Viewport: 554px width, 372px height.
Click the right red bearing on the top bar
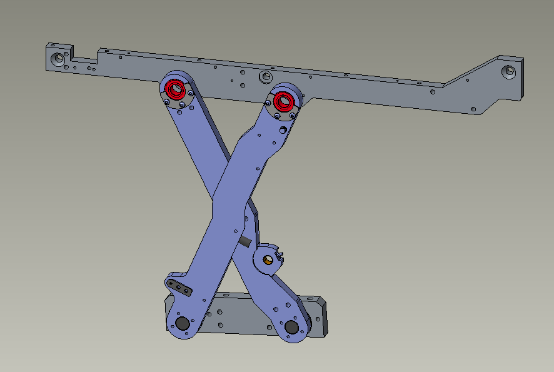(284, 100)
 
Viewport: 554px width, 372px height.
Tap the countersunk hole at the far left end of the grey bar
(59, 59)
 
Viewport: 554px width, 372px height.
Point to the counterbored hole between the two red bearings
(266, 77)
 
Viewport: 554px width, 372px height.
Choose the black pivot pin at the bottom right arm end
(291, 327)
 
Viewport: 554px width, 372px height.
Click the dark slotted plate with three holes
(180, 288)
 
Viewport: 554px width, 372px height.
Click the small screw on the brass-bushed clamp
(280, 253)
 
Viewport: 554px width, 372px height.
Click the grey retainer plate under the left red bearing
(178, 101)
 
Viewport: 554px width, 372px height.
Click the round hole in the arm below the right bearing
(283, 130)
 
